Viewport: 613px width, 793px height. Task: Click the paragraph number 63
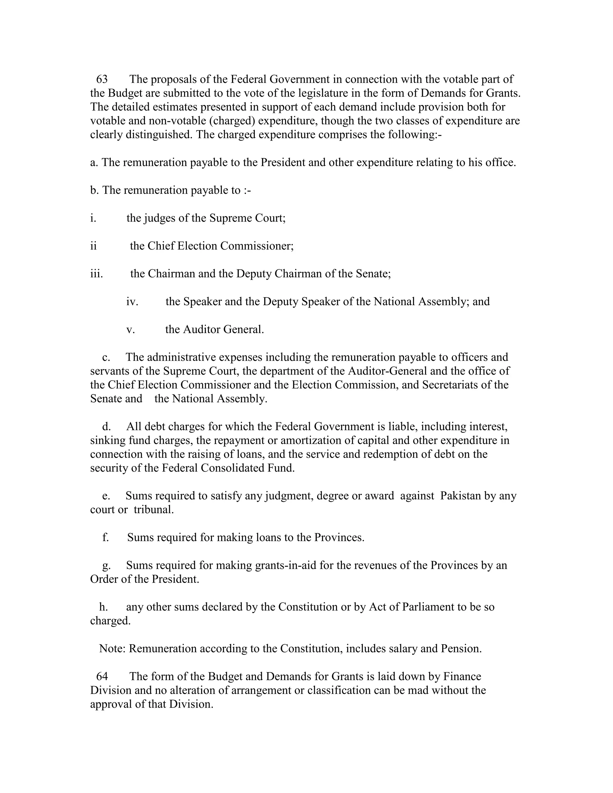(102, 79)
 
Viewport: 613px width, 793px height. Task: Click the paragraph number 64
(102, 677)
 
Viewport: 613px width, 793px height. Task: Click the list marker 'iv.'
(132, 301)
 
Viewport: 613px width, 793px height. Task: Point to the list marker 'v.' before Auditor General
(131, 329)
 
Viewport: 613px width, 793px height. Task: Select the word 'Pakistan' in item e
(460, 496)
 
